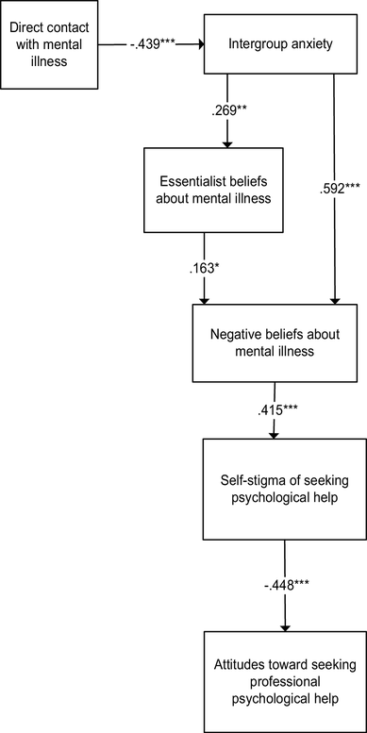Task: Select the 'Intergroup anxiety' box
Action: pos(282,43)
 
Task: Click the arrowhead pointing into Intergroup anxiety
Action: pos(199,43)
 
